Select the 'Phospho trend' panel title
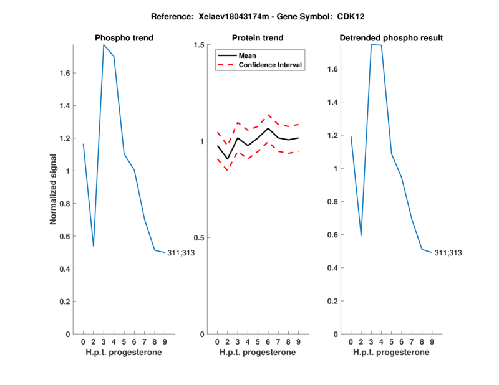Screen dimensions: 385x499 tap(124, 39)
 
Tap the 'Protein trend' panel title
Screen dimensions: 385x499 tap(258, 39)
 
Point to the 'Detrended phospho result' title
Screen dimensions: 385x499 tap(391, 39)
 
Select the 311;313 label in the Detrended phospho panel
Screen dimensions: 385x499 tap(447, 253)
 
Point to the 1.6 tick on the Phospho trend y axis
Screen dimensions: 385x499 tap(64, 73)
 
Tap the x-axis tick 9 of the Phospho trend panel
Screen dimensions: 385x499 tap(165, 341)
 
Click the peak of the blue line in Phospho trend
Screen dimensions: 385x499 tap(104, 45)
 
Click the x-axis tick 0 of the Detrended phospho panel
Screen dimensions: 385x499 tap(351, 341)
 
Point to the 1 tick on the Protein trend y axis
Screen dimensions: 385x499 tap(201, 141)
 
